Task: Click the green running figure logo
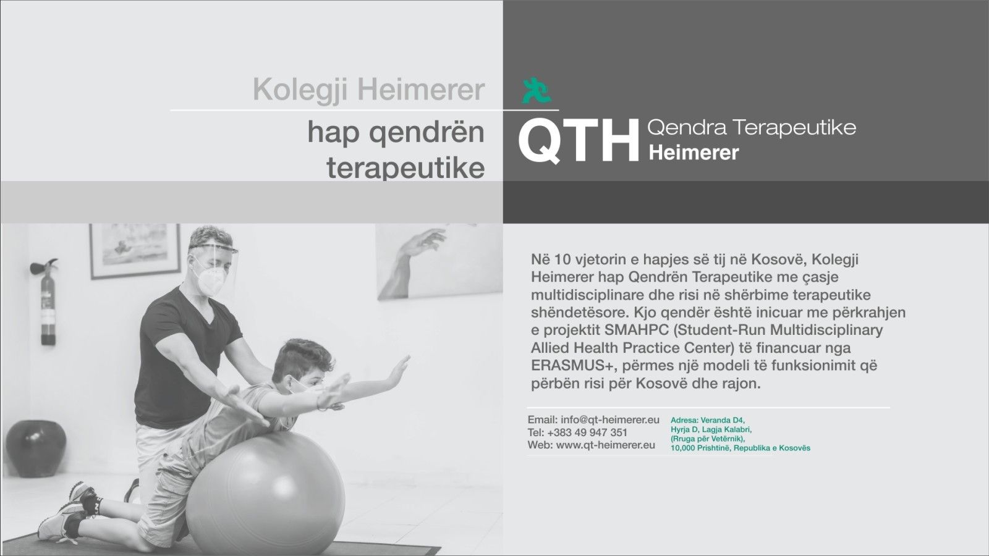point(536,90)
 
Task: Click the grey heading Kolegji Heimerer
point(368,90)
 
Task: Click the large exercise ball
point(265,494)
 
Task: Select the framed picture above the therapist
point(135,251)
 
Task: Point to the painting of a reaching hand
point(439,261)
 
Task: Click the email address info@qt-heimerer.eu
point(610,419)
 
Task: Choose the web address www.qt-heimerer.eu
point(606,445)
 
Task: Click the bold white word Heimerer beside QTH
point(694,153)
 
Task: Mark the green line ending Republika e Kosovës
point(741,448)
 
